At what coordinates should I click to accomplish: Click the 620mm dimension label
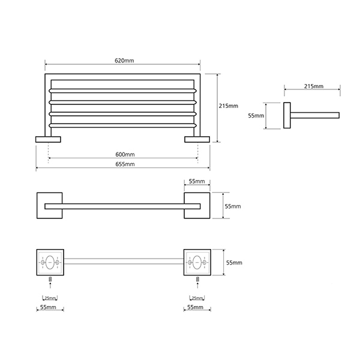pos(124,61)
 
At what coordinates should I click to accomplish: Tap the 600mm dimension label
pos(125,155)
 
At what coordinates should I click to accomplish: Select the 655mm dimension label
pos(125,164)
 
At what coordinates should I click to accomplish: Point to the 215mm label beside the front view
pos(229,106)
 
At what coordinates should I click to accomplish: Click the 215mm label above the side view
pos(314,86)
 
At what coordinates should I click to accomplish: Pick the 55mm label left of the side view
pos(256,116)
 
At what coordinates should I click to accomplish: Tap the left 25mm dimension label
pos(50,298)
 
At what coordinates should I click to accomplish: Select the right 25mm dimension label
pos(197,298)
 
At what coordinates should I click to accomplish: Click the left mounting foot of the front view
pos(48,139)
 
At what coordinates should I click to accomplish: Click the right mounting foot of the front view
pos(197,139)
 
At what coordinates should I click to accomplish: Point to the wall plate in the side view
pos(287,115)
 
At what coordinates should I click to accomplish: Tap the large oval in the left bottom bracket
pos(50,262)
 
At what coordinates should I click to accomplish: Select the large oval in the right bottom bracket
pos(197,262)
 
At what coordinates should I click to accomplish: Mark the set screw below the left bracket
pos(50,280)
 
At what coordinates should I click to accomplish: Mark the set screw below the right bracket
pos(197,280)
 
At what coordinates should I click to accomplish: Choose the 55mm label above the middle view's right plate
pos(197,181)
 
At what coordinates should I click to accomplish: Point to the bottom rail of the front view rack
pos(122,125)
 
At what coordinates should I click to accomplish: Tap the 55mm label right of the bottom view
pos(234,262)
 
